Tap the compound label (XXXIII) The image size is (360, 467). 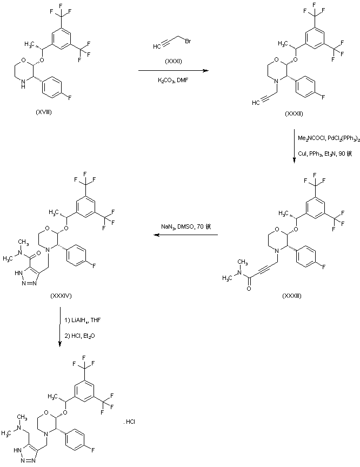point(295,296)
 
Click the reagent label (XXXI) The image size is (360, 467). point(174,61)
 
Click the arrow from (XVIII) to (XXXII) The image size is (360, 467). point(173,70)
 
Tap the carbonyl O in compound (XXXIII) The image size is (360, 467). point(248,289)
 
